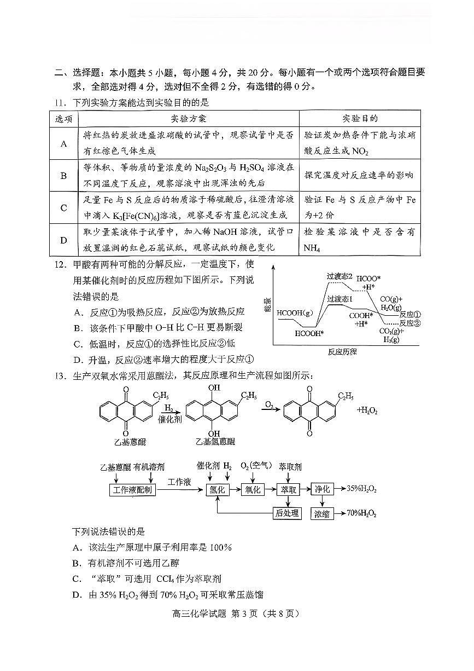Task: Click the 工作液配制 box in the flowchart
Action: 133,490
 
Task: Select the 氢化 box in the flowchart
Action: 217,490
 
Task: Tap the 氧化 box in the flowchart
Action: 253,490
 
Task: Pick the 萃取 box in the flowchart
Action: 288,490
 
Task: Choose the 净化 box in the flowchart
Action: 322,489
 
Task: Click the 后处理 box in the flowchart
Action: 288,513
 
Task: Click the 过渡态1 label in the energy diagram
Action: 340,299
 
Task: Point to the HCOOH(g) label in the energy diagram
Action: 295,313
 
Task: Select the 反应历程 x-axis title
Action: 342,352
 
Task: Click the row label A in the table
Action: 64,143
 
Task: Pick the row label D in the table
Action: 64,240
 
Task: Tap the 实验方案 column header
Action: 189,119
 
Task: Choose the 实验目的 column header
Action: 360,119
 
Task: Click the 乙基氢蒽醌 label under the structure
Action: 215,442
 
